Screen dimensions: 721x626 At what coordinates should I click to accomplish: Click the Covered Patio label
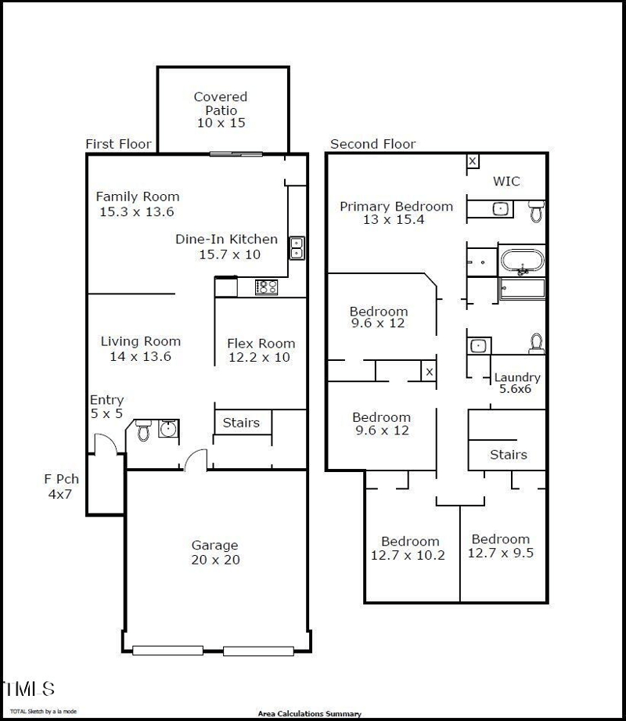pos(221,97)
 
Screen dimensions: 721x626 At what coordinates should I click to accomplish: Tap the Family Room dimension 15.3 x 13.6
pos(136,212)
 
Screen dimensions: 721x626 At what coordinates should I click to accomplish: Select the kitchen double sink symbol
pos(297,247)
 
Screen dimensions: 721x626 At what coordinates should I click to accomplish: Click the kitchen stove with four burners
pos(266,287)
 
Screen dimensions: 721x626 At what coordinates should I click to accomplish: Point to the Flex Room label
pos(261,343)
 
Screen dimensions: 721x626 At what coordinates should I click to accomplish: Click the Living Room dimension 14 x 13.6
pos(141,356)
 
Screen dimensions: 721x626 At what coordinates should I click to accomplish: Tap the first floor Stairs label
pos(241,423)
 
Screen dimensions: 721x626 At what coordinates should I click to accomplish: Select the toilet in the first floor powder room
pos(143,430)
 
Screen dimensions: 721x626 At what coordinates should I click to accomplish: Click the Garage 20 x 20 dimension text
pos(215,560)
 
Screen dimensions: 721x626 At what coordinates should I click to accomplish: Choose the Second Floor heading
pos(372,144)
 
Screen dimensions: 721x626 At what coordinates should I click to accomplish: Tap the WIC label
pos(505,182)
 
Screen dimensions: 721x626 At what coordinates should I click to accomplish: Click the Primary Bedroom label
pos(396,207)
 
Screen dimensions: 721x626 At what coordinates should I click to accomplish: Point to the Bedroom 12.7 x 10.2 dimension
pos(410,555)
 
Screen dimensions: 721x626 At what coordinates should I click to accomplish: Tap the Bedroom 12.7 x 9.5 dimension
pos(500,553)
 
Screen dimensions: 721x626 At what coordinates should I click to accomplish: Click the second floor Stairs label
pos(509,455)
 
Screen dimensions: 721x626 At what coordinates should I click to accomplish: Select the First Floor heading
pos(118,144)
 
